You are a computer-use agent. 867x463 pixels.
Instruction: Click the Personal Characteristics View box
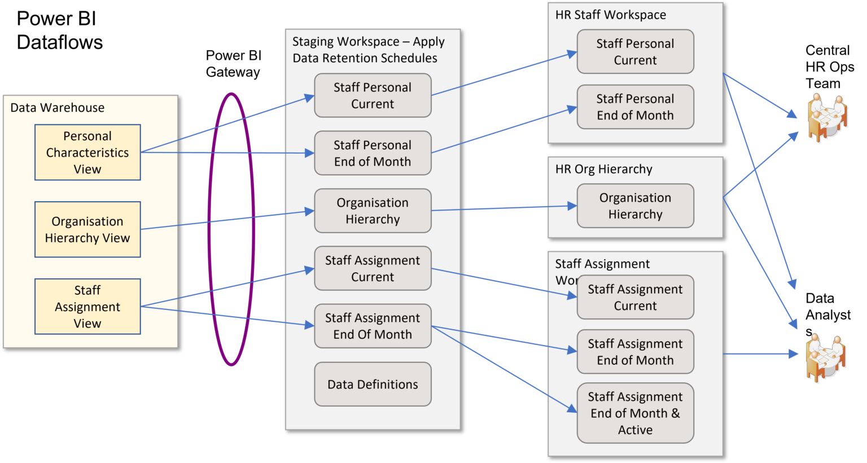[x=87, y=152]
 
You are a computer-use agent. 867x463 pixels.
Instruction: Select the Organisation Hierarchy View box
[x=87, y=229]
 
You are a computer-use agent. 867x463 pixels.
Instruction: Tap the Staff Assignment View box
[x=87, y=307]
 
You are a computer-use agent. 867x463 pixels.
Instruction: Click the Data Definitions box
[x=373, y=385]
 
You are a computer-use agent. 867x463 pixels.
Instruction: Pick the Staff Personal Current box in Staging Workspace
[x=373, y=95]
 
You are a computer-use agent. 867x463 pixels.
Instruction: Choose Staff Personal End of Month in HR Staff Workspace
[x=635, y=107]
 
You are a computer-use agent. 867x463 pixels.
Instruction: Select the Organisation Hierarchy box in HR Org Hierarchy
[x=635, y=206]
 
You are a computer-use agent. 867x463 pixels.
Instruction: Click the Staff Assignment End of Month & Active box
[x=635, y=413]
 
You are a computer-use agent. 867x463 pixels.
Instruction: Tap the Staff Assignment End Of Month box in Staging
[x=373, y=326]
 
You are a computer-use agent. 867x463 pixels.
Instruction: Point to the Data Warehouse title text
[x=58, y=108]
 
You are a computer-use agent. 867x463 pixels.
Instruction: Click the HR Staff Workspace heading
[x=610, y=15]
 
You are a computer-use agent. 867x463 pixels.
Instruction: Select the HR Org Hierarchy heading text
[x=603, y=169]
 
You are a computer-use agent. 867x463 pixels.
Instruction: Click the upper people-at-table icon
[x=827, y=117]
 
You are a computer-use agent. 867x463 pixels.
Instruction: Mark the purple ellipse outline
[x=210, y=229]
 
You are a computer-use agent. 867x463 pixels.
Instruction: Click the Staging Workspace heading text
[x=368, y=50]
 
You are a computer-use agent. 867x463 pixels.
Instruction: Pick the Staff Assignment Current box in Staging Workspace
[x=373, y=268]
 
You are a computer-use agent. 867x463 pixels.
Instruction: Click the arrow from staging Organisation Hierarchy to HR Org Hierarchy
[x=502, y=208]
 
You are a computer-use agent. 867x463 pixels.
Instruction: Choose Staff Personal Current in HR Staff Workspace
[x=635, y=52]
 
